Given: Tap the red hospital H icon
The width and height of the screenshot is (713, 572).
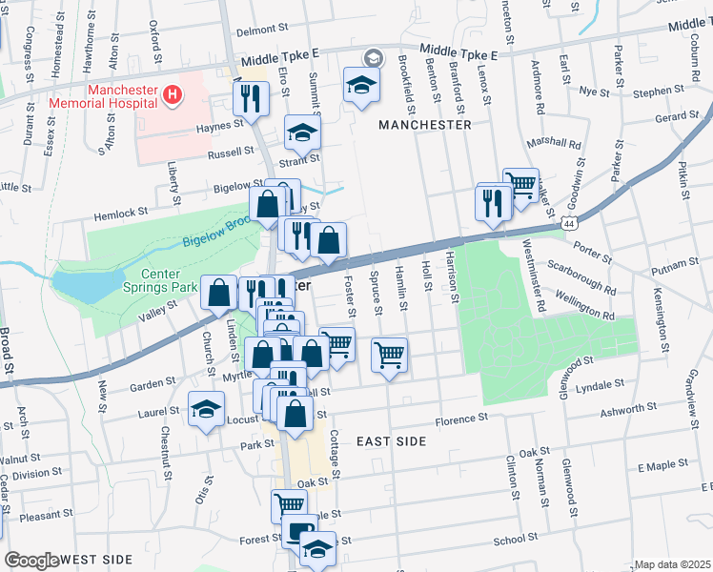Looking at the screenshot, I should [172, 94].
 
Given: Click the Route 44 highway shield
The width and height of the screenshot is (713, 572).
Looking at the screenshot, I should [569, 222].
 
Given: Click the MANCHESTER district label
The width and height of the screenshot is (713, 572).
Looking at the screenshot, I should [424, 125].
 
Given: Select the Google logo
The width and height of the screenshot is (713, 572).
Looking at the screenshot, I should [31, 561].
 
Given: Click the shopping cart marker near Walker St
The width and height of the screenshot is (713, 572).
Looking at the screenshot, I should [520, 183].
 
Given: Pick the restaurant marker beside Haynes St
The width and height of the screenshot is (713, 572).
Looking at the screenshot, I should [252, 95].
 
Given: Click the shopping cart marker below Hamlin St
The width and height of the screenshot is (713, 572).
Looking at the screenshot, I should [389, 355].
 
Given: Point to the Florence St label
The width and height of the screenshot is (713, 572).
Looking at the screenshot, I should [461, 419].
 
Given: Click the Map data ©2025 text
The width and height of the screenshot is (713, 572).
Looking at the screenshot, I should [673, 564].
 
